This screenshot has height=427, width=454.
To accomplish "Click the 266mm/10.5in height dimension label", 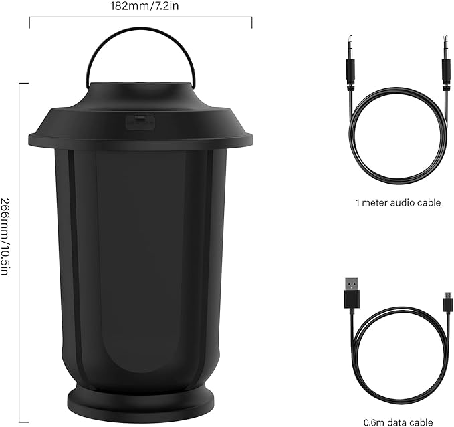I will (x=7, y=238).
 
